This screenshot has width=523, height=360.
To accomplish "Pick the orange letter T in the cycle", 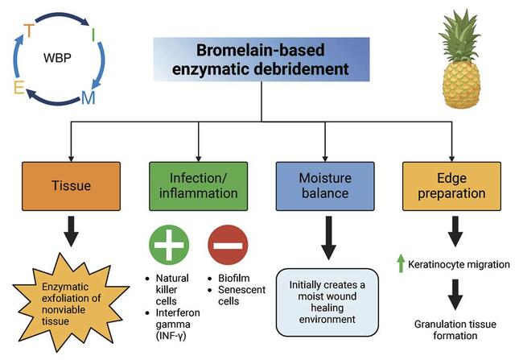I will [29, 30].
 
